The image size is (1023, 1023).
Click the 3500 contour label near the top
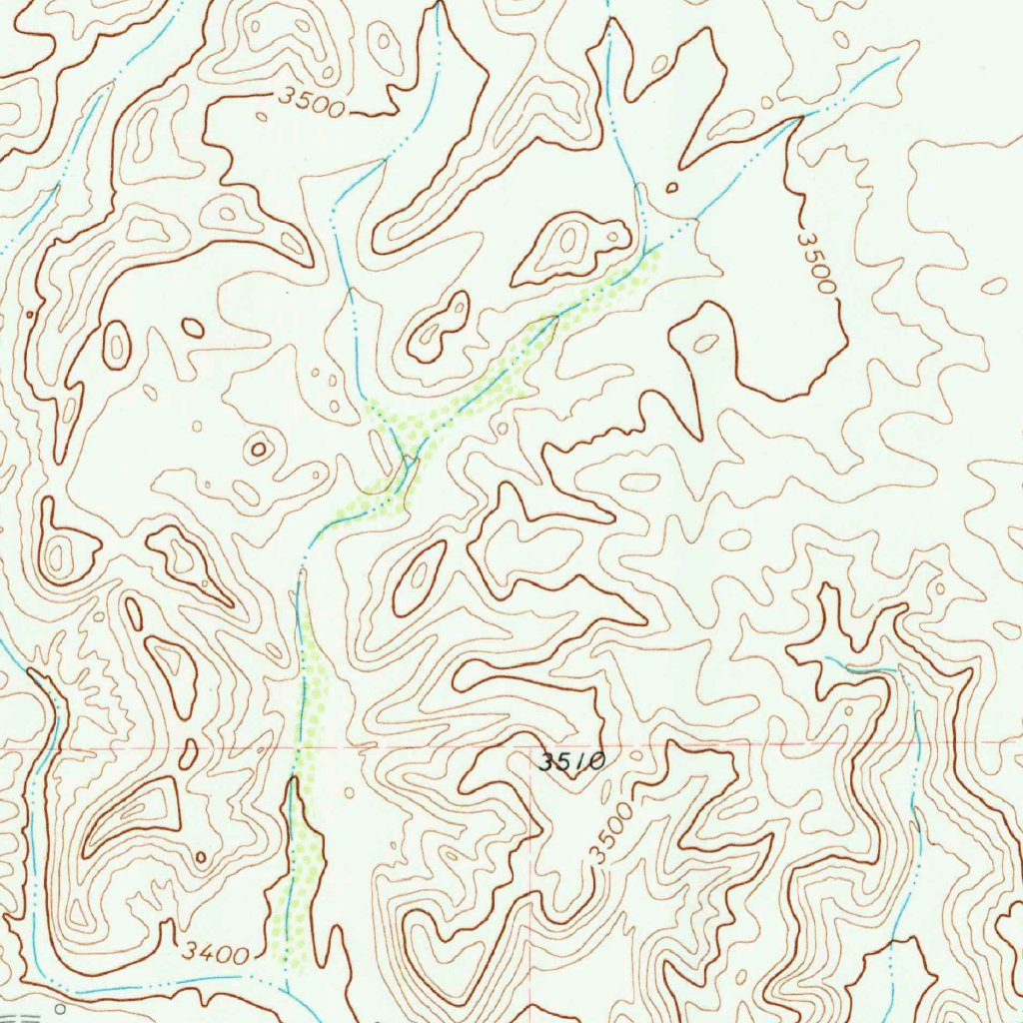[x=312, y=101]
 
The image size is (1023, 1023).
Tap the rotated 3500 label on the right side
[x=817, y=263]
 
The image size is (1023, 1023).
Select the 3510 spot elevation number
[x=571, y=762]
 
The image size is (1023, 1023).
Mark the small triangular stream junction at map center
[x=409, y=462]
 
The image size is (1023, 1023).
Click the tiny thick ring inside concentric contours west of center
[x=259, y=450]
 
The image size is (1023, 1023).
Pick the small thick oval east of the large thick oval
[x=193, y=328]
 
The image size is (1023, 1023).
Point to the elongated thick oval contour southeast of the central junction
[x=420, y=576]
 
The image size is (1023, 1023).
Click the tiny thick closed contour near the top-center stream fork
[x=671, y=186]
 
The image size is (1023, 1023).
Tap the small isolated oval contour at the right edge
[x=994, y=286]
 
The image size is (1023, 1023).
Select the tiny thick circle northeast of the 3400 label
[x=201, y=856]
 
